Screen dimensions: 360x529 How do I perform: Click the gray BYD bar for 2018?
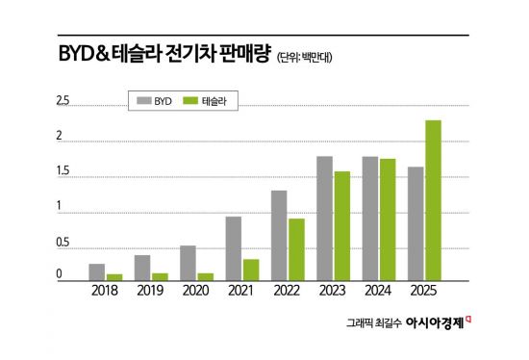96,271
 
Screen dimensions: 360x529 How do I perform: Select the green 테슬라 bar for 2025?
433,200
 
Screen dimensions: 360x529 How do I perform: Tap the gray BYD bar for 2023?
324,219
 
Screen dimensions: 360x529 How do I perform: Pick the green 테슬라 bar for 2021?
250,270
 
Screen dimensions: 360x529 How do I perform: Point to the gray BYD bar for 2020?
188,263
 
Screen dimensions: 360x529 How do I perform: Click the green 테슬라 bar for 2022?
296,249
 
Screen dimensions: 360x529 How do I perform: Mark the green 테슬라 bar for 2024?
388,219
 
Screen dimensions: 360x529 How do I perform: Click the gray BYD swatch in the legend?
144,99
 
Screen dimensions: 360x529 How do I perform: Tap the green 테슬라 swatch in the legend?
190,99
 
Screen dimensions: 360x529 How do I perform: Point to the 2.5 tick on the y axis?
63,100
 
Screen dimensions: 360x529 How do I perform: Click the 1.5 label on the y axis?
63,171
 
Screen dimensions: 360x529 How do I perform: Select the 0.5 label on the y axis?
63,243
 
